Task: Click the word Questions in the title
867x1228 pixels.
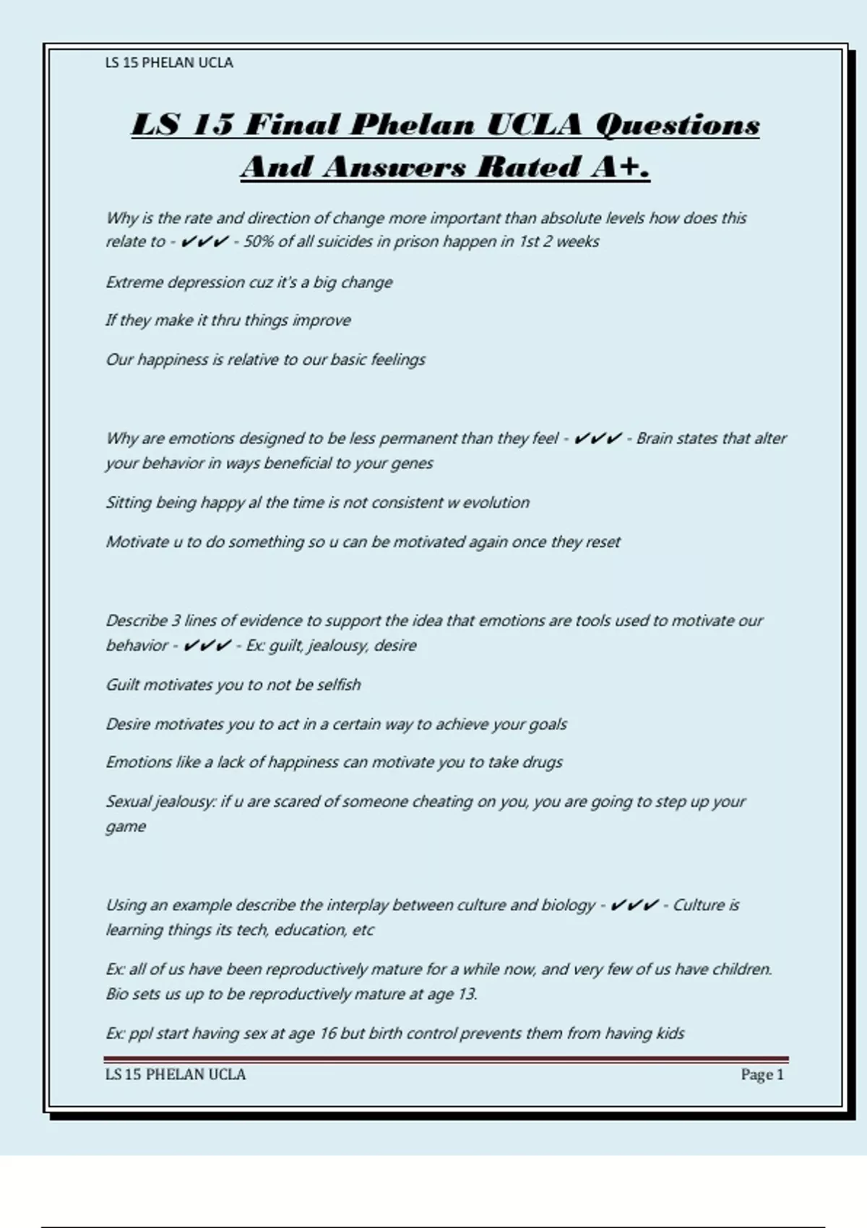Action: (677, 125)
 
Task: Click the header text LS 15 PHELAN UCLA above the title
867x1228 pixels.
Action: (169, 63)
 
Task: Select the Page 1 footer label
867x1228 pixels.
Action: (762, 1075)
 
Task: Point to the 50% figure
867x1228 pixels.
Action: (259, 241)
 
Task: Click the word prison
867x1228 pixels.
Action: (415, 241)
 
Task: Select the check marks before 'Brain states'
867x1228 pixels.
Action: (598, 438)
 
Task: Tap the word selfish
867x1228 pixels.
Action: (339, 685)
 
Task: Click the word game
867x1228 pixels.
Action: (126, 827)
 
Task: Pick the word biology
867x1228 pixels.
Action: (567, 905)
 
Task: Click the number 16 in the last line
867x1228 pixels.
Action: (328, 1034)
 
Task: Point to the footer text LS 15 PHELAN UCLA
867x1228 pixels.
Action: (176, 1075)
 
